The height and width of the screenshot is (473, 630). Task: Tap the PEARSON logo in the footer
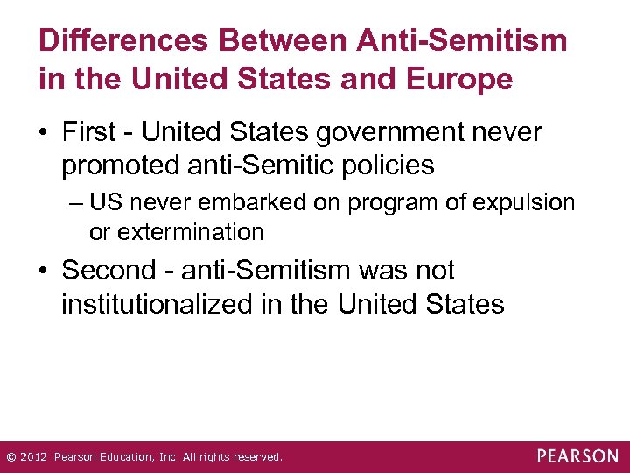[x=577, y=456]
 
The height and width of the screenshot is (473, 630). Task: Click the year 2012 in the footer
[x=34, y=457]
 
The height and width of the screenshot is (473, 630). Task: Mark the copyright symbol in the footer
[x=10, y=457]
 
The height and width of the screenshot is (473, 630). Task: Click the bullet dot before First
[x=45, y=134]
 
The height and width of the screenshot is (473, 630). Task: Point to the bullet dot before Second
[x=45, y=272]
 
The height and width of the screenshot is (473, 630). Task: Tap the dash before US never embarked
[x=75, y=203]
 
